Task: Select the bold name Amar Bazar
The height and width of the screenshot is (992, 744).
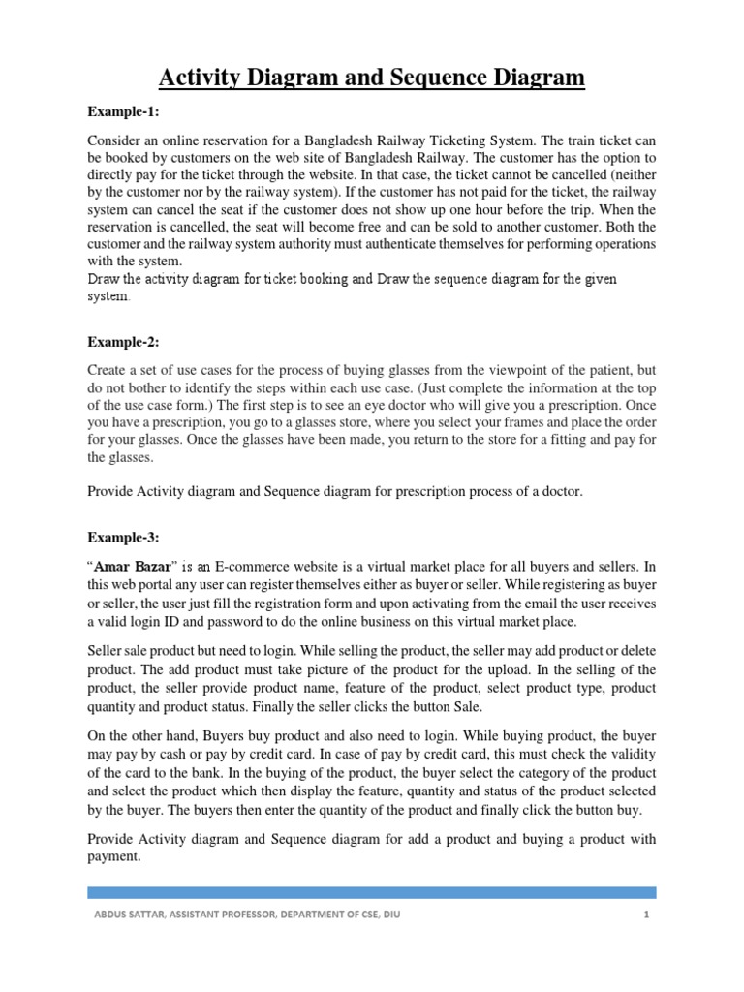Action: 132,565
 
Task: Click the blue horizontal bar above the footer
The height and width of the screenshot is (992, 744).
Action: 371,892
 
